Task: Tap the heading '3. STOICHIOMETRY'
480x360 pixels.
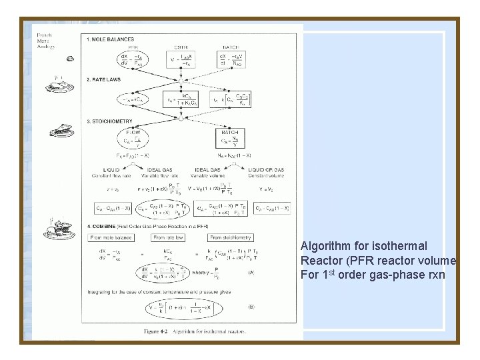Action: [111, 121]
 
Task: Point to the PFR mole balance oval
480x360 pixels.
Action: [132, 61]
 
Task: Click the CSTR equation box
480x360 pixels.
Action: [181, 61]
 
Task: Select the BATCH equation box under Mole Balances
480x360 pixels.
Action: [230, 61]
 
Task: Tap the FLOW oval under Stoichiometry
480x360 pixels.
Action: [132, 141]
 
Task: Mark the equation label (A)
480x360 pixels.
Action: [251, 272]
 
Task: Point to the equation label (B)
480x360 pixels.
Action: [251, 308]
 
